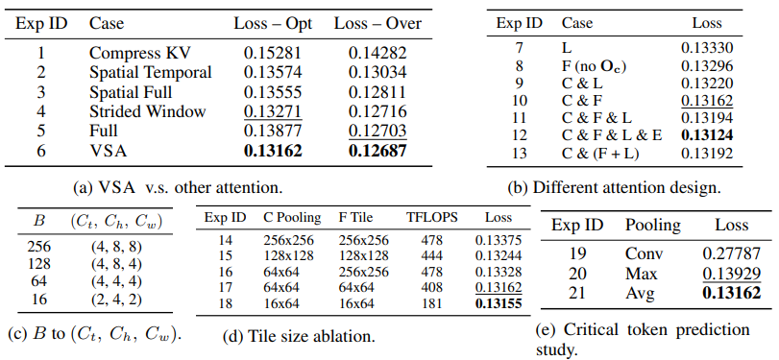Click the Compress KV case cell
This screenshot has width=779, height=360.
pyautogui.click(x=139, y=53)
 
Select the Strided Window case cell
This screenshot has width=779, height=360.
pyautogui.click(x=147, y=111)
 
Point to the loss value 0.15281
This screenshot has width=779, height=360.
pyautogui.click(x=273, y=53)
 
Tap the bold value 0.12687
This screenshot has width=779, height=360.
pyautogui.click(x=377, y=151)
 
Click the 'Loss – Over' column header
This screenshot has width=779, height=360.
pyautogui.click(x=377, y=24)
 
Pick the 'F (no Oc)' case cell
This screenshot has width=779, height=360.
pyautogui.click(x=594, y=66)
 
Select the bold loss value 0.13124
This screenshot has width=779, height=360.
pyautogui.click(x=707, y=135)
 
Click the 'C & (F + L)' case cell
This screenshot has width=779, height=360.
pyautogui.click(x=600, y=153)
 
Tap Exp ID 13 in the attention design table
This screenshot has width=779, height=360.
pyautogui.click(x=519, y=153)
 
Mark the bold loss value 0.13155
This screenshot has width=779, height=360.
pyautogui.click(x=499, y=303)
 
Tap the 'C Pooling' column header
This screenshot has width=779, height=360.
pyautogui.click(x=292, y=218)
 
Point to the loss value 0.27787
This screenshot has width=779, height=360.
pyautogui.click(x=731, y=253)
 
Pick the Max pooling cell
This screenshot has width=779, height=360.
pyautogui.click(x=642, y=274)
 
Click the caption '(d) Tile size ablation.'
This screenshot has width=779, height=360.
pyautogui.click(x=299, y=337)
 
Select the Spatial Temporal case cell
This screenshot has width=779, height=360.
pyautogui.click(x=151, y=73)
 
